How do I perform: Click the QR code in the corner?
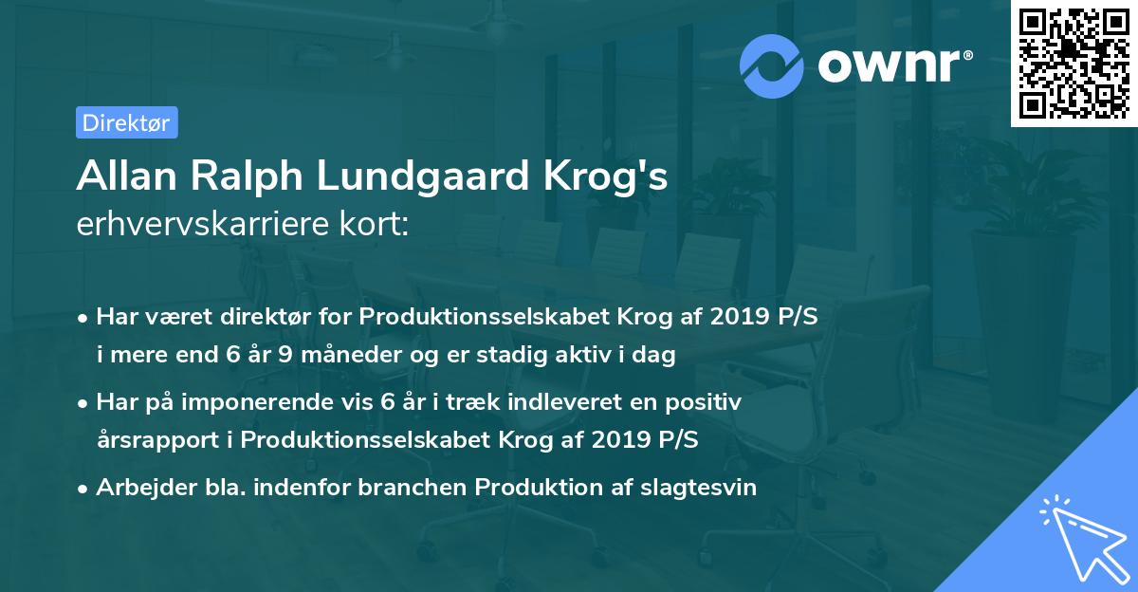1074,63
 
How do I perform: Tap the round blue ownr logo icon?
772,65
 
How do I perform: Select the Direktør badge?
126,122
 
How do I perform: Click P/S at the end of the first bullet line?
797,317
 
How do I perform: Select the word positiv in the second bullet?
707,402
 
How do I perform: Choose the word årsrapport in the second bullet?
156,441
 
